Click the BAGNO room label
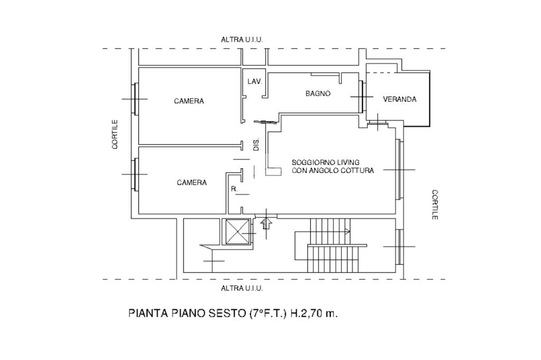pyautogui.click(x=318, y=93)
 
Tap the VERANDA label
pyautogui.click(x=399, y=99)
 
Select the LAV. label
pyautogui.click(x=255, y=82)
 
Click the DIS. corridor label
pyautogui.click(x=256, y=145)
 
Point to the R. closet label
pyautogui.click(x=234, y=188)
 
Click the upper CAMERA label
pyautogui.click(x=189, y=101)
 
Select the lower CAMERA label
pyautogui.click(x=192, y=183)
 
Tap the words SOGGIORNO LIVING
pyautogui.click(x=325, y=162)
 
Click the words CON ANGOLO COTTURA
pyautogui.click(x=333, y=170)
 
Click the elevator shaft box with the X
pyautogui.click(x=237, y=232)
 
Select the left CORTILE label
pyautogui.click(x=115, y=134)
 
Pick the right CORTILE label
pyautogui.click(x=435, y=205)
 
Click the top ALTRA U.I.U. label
pyautogui.click(x=241, y=40)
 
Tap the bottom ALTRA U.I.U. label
pyautogui.click(x=241, y=288)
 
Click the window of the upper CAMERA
pyautogui.click(x=135, y=99)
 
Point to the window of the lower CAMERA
pyautogui.click(x=135, y=174)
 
